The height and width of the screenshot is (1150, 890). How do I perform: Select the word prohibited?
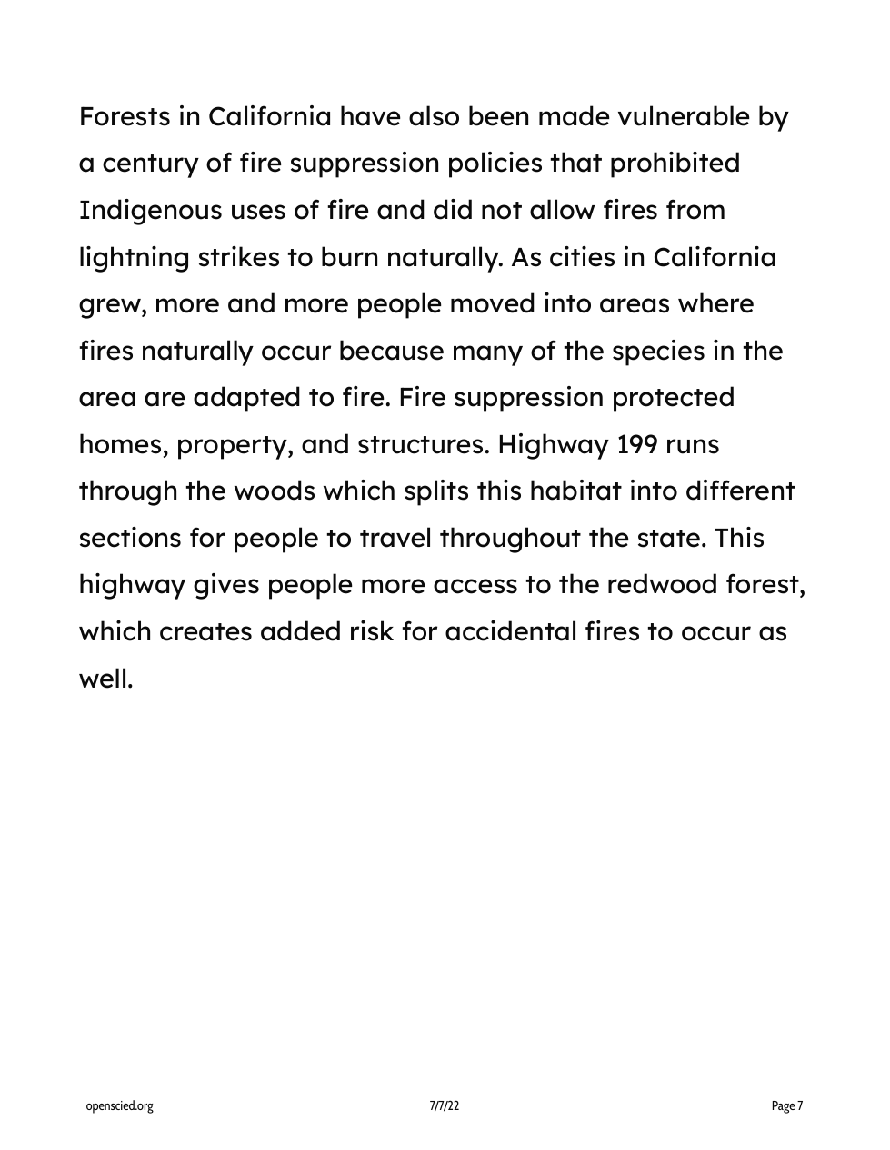click(x=675, y=164)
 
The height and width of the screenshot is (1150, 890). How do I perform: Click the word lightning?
click(x=135, y=258)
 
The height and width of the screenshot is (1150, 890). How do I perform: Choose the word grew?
click(x=112, y=304)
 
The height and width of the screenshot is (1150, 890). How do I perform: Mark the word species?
click(x=658, y=351)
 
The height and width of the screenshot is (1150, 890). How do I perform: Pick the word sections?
click(x=130, y=539)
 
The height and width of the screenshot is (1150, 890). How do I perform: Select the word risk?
click(x=371, y=632)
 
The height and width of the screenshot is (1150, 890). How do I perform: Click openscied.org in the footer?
click(x=119, y=1105)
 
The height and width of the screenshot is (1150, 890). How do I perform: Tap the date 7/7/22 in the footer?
click(x=445, y=1105)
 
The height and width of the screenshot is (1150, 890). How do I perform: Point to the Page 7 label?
click(x=787, y=1105)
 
